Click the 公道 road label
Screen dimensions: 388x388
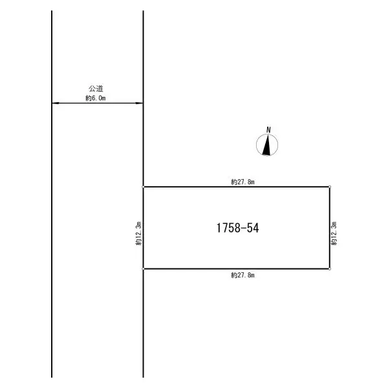click(96, 89)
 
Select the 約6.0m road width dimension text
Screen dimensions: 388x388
click(96, 98)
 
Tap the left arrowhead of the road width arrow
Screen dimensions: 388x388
click(56, 103)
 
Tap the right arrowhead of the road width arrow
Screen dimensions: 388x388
click(139, 103)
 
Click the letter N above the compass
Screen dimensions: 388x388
click(268, 130)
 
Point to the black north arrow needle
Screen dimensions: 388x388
click(266, 146)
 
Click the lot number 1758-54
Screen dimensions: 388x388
click(237, 228)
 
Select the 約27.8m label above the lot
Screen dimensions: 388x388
click(242, 182)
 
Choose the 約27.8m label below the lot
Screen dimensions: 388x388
click(242, 275)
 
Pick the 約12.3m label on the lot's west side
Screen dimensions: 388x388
click(138, 233)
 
